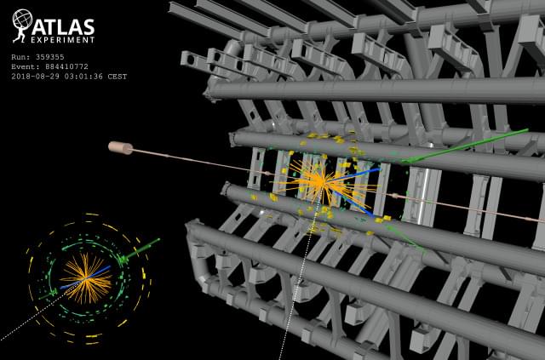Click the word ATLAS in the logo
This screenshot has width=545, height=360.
(63, 27)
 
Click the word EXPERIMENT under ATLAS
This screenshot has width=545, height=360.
(62, 40)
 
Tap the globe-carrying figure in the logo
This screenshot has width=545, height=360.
(21, 26)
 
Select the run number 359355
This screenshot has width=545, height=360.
(49, 57)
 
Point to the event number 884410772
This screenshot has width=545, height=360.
(66, 66)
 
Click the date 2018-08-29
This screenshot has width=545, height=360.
(35, 77)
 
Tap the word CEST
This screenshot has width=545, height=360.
(118, 77)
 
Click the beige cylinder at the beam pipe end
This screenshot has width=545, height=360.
(120, 147)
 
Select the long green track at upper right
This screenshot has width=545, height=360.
(465, 146)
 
